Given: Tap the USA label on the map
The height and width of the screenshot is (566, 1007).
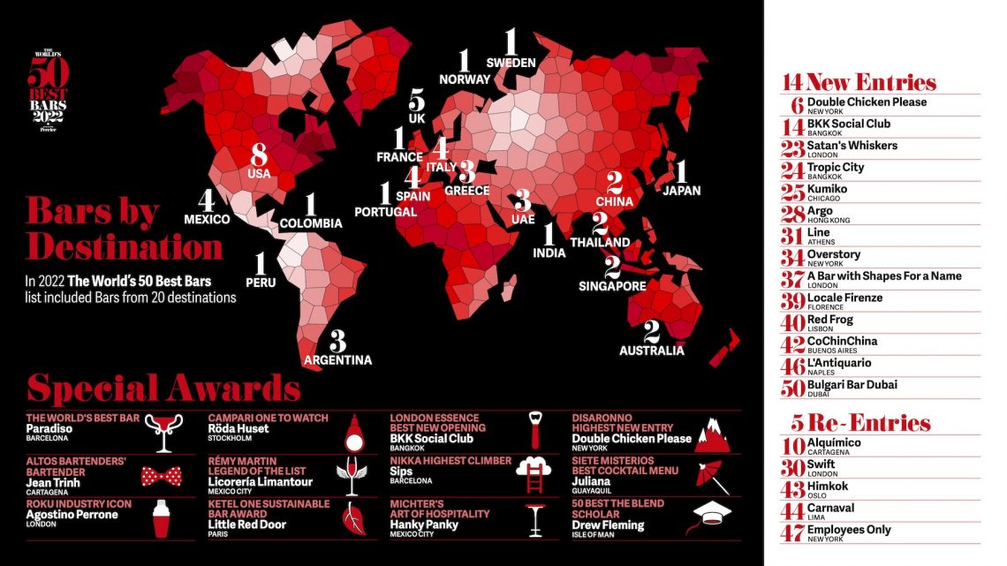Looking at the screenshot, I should (x=259, y=174).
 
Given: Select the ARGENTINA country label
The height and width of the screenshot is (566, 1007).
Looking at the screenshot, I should (x=337, y=359).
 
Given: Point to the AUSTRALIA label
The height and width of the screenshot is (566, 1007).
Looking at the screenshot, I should (x=652, y=351).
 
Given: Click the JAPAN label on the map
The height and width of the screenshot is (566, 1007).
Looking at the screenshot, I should (x=680, y=190).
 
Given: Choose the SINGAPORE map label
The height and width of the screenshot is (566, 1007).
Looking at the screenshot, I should (x=612, y=286).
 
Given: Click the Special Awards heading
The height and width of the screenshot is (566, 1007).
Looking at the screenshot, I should (x=163, y=389).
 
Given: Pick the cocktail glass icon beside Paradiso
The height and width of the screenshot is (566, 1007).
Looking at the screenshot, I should (x=164, y=433).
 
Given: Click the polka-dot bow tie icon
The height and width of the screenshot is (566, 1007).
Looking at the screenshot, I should (x=161, y=478).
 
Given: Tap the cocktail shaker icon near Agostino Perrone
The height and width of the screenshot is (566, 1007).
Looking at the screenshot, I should (x=162, y=519).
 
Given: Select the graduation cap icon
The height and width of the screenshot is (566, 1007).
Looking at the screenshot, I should (x=712, y=517).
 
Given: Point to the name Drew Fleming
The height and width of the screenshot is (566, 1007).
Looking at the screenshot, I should (x=608, y=525).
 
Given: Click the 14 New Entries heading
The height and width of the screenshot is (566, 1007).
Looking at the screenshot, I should (x=859, y=83).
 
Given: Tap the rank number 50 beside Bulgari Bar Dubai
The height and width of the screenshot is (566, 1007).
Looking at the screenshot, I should (x=792, y=387).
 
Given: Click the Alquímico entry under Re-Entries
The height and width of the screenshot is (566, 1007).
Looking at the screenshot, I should (x=834, y=442).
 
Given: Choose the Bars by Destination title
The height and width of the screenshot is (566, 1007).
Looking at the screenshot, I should (x=124, y=229).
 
